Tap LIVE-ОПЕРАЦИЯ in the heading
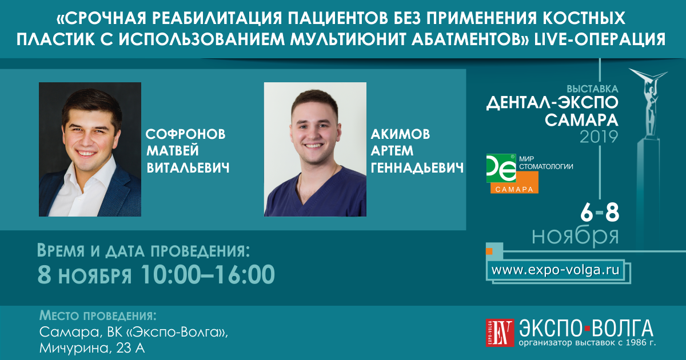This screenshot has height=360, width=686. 600,39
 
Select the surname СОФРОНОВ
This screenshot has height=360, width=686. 186,134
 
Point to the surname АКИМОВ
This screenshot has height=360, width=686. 401,134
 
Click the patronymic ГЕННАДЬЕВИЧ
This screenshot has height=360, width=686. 417,168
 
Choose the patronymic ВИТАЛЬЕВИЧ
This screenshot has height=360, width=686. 188,168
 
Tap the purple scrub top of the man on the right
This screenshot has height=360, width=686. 316,196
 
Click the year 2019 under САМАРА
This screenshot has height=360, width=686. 599,137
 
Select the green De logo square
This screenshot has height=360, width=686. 501,168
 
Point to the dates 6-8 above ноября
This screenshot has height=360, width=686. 600,213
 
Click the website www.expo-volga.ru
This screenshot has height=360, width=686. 555,270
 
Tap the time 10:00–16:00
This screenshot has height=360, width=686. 208,274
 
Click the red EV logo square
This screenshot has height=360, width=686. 500,333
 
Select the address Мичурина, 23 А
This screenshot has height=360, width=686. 92,348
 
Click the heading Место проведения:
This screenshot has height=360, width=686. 98,315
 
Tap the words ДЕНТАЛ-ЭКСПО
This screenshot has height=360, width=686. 552,102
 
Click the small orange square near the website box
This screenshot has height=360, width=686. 489,251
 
